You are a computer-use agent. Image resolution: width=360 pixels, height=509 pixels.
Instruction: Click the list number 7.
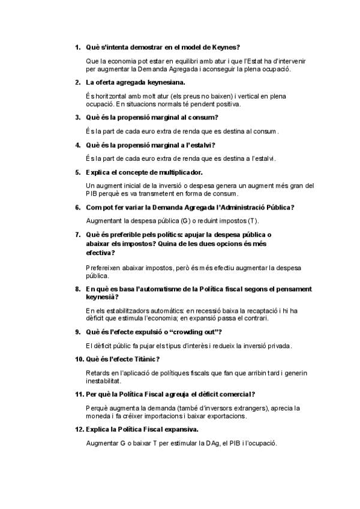[x=78, y=234]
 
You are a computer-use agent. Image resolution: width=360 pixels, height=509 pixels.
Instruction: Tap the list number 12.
[x=79, y=430]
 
